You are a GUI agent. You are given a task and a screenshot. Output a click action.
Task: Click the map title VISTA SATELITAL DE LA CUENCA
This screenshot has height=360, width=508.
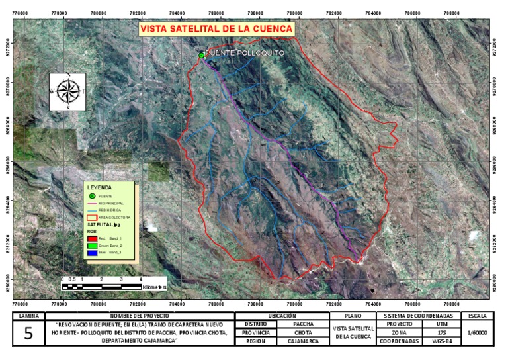[216, 30]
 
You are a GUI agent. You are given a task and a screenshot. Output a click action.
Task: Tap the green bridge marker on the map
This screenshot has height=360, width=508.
[201, 56]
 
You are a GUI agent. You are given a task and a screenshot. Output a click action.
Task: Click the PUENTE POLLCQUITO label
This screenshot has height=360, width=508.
[245, 52]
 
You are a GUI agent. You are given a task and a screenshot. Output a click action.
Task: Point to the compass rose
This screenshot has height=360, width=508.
[67, 91]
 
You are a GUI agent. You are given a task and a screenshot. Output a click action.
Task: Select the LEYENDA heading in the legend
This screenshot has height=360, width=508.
[99, 187]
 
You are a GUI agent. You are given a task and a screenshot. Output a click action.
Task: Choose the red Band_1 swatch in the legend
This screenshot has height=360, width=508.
[93, 238]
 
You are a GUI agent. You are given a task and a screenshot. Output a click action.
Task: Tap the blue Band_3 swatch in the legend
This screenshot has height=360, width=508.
[93, 253]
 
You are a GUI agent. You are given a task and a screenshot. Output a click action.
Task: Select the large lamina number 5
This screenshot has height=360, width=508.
[28, 333]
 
